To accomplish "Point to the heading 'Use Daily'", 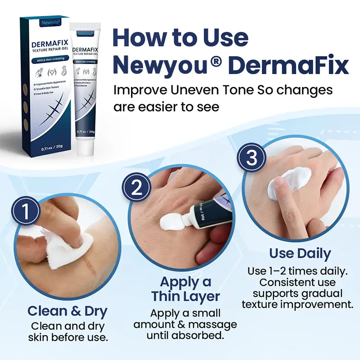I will point(300,253).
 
